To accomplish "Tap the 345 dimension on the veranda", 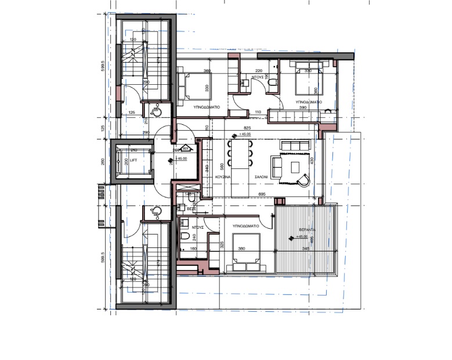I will [x=305, y=247].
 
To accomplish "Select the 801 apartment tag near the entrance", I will [x=186, y=148].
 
